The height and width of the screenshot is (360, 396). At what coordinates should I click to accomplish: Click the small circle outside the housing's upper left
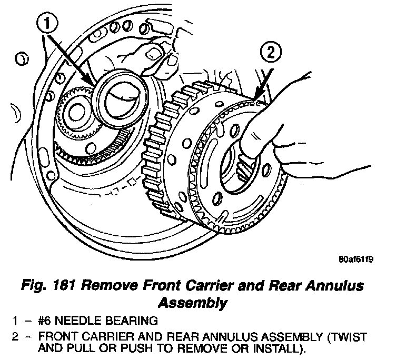click(22, 58)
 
